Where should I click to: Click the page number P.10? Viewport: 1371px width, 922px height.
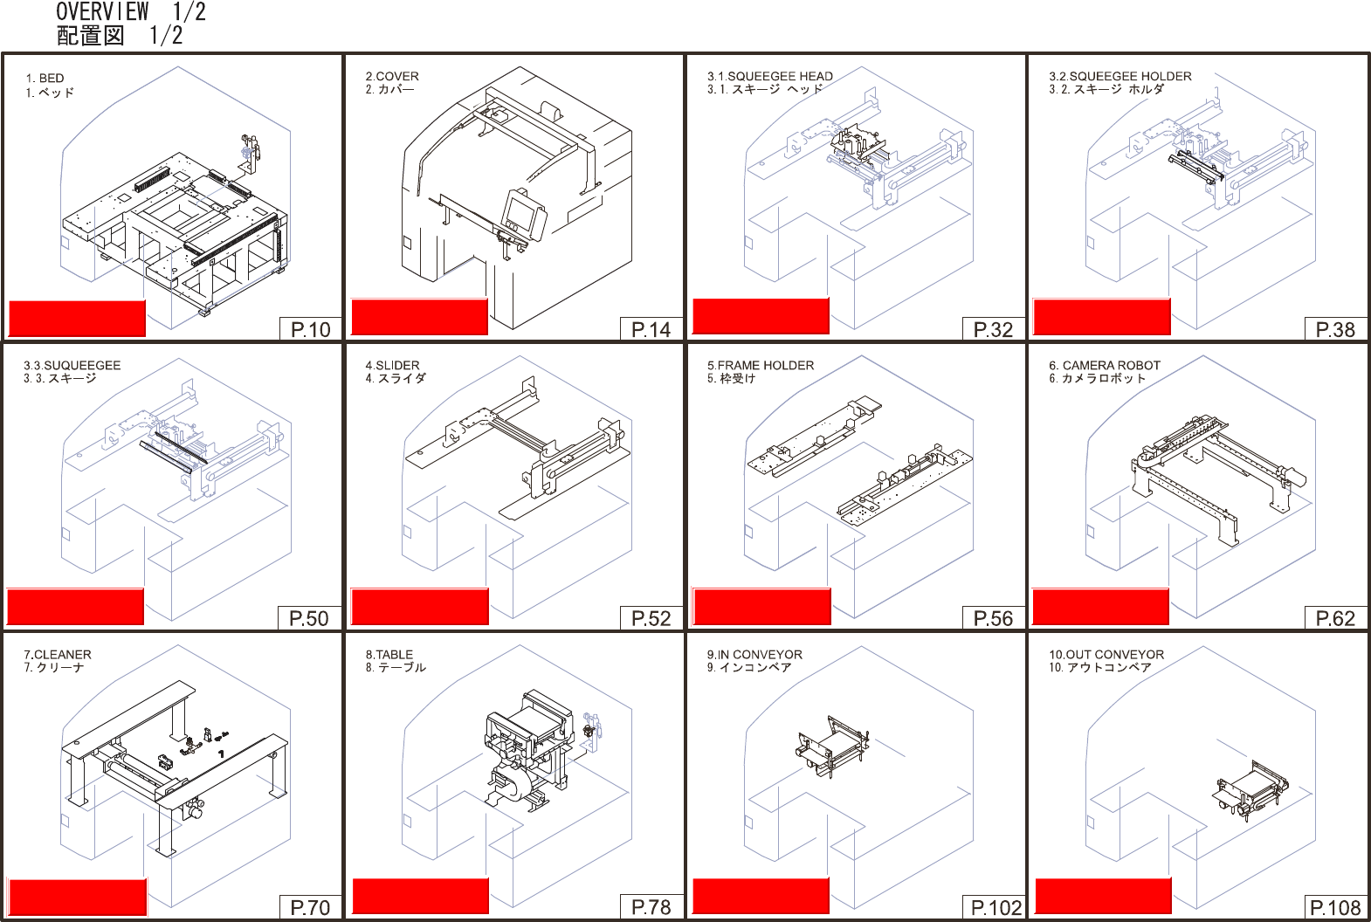pos(310,329)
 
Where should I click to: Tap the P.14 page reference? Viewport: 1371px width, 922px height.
pos(651,329)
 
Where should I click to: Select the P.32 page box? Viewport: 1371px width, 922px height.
pos(994,329)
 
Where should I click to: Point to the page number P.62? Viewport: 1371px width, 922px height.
pos(1335,618)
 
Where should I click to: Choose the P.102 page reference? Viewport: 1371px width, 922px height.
pos(996,907)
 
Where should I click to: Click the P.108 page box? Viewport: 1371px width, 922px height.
pos(1336,907)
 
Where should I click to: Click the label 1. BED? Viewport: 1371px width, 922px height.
pos(45,78)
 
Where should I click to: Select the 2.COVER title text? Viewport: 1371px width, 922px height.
pos(392,76)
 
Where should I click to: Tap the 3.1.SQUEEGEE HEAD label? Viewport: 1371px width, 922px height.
pos(770,76)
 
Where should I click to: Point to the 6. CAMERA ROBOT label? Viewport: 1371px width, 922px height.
pos(1105,365)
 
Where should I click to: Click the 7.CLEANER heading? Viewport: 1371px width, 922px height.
pos(58,654)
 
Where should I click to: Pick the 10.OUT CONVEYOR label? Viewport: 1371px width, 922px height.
pos(1106,654)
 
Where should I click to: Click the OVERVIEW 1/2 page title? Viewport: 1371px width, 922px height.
pos(131,11)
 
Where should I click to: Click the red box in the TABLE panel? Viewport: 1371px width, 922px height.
pos(420,896)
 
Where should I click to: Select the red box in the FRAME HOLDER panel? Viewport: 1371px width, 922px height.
pos(761,606)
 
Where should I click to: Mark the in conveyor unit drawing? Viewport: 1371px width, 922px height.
pos(831,747)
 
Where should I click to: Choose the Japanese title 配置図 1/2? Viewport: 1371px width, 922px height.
pos(120,35)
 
